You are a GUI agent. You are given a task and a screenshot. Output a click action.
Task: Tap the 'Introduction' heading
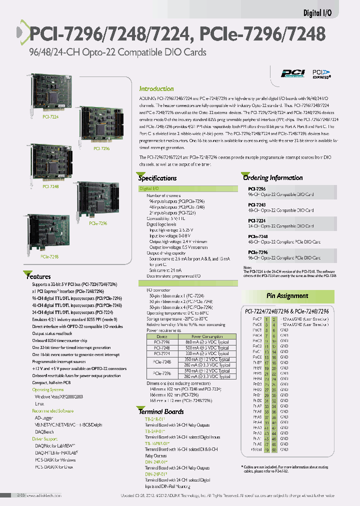pos(156,88)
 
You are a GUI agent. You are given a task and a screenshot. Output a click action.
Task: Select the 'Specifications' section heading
pos(157,178)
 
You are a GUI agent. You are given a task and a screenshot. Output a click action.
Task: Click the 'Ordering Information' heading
pos(272,177)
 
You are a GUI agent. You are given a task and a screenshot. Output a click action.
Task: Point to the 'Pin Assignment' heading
pos(287,296)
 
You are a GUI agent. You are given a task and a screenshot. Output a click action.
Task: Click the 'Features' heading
pos(38,276)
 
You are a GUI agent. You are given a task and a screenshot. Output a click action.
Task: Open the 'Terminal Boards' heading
pos(161,411)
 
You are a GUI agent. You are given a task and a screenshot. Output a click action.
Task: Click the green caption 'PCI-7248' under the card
pos(50,186)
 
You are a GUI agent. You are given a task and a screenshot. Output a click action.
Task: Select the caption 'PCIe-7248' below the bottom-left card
pos(49,256)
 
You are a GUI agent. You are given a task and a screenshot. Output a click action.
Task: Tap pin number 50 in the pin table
pos(273,449)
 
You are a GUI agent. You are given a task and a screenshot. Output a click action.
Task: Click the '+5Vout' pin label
pos(256,449)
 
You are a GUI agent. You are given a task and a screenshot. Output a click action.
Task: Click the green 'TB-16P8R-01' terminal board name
pos(157,443)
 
